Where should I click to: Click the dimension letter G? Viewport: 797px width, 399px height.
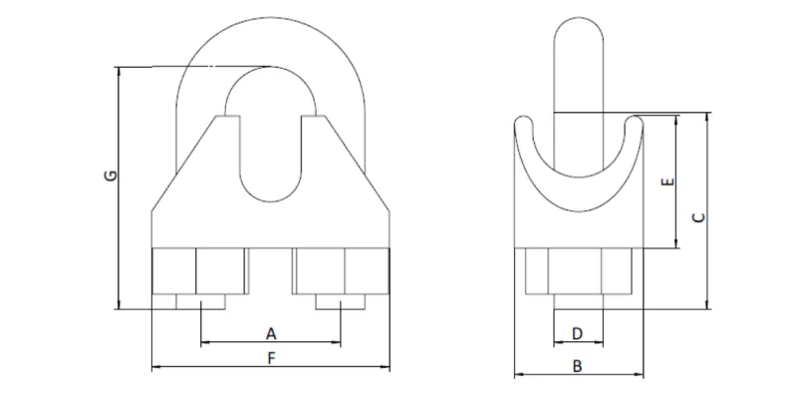click(x=113, y=177)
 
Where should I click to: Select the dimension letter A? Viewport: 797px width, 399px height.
click(x=269, y=331)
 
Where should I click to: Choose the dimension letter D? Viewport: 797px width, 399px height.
click(x=576, y=331)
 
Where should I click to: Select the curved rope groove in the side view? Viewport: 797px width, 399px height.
click(x=576, y=185)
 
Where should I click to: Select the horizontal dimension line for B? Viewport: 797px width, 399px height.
click(x=618, y=376)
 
